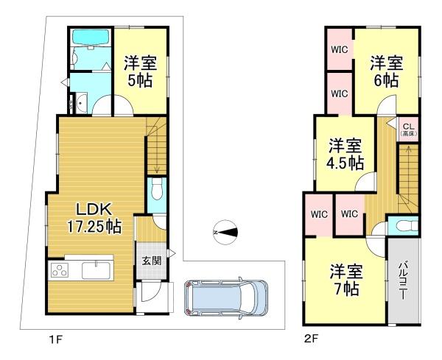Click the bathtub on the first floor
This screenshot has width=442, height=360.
[x=91, y=37]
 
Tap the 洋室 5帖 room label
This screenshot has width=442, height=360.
[x=141, y=71]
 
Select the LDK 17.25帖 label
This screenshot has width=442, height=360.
[x=94, y=218]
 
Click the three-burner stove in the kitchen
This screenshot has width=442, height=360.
[x=60, y=270]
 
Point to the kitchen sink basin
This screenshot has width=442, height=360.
[x=96, y=270]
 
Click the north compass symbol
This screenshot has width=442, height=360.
[x=225, y=233]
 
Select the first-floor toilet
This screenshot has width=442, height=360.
[x=157, y=188]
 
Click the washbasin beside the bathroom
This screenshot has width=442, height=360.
[x=81, y=103]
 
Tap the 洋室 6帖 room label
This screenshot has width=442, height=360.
[x=386, y=71]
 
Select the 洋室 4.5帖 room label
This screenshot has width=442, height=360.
[x=345, y=155]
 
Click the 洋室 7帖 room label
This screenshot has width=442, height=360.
[x=346, y=280]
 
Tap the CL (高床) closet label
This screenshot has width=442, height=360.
[x=409, y=130]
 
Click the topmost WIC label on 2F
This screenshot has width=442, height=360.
[x=340, y=49]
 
